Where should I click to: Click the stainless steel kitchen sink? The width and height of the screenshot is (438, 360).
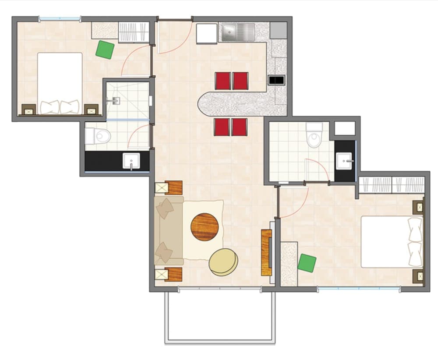click(x=237, y=32)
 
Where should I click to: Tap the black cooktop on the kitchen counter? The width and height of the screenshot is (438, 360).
click(x=276, y=80)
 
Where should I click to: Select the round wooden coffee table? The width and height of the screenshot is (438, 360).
click(x=205, y=227)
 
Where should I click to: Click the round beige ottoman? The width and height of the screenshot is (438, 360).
click(x=223, y=262)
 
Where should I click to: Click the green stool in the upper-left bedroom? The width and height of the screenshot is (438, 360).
click(x=105, y=49)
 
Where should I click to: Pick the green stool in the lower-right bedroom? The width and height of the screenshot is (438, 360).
click(x=307, y=263)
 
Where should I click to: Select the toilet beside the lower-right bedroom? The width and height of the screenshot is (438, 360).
click(x=314, y=135)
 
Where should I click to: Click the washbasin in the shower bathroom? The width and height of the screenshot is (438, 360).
click(x=131, y=161)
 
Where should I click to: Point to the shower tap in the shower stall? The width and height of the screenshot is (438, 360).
click(x=115, y=101)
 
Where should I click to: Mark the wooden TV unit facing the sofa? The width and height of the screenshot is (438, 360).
click(x=266, y=252)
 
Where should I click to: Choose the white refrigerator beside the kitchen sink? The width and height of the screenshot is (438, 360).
click(x=207, y=33)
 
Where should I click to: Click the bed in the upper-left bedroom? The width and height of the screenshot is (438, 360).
click(x=60, y=83)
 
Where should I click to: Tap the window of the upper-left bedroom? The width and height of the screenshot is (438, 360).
click(x=60, y=19)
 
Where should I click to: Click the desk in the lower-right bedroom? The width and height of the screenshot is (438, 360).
click(x=289, y=263)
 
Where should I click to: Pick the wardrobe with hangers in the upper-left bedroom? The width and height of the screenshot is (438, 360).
click(x=134, y=32)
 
